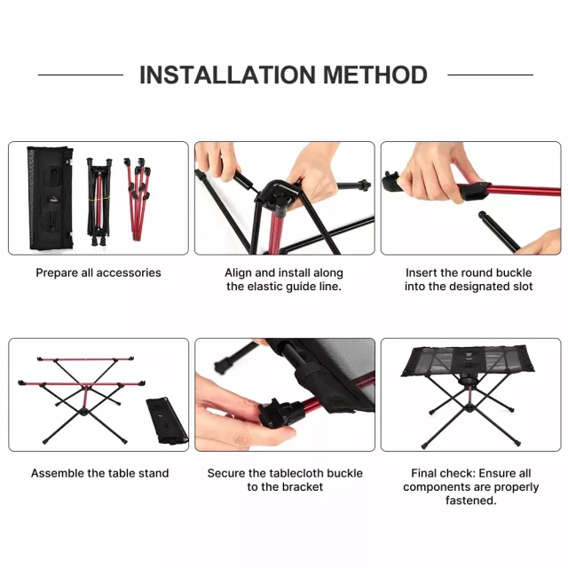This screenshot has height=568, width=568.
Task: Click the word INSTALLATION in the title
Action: (227, 75)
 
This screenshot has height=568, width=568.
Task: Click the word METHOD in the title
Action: (375, 75)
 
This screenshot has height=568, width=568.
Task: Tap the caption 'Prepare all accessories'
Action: (99, 272)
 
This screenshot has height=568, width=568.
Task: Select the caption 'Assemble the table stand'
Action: (99, 473)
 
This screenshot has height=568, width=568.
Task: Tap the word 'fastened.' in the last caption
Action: (471, 501)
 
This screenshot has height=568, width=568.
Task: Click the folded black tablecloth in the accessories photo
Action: (50, 198)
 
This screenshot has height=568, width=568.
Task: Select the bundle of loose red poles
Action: (138, 197)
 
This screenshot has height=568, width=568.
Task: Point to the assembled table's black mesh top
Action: (468, 360)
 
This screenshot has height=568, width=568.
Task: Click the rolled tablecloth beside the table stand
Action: (167, 421)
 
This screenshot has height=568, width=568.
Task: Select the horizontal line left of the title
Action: (81, 75)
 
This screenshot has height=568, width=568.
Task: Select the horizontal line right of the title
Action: (491, 75)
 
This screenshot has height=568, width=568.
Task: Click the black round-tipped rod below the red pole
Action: (499, 231)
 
